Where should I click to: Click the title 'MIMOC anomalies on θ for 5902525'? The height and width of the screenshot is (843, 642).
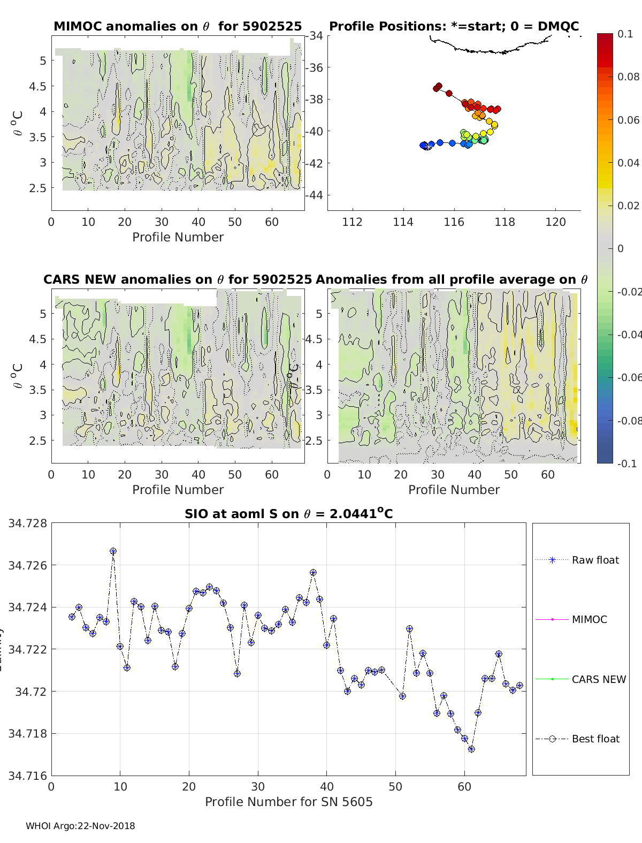tap(178, 26)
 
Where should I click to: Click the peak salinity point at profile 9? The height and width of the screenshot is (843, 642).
tap(113, 551)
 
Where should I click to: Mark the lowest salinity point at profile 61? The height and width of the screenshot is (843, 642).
tap(471, 749)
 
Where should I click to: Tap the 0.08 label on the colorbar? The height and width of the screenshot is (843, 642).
tap(628, 77)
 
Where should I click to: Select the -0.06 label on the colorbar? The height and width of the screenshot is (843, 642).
tap(628, 377)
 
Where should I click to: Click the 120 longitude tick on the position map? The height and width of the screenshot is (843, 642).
tap(555, 222)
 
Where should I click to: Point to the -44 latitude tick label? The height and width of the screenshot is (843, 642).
tap(315, 195)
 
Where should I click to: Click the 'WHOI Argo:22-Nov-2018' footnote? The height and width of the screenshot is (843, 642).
tap(80, 826)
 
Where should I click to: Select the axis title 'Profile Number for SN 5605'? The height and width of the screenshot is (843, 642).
tap(288, 801)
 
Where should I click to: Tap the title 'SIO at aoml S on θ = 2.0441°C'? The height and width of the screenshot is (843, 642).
tap(288, 514)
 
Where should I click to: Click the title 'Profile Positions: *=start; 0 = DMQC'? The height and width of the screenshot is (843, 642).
tap(454, 26)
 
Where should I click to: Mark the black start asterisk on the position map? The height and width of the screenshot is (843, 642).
tap(427, 146)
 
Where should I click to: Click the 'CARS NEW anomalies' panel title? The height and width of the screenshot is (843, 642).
tap(178, 279)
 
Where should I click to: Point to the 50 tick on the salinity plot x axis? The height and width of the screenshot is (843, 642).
tap(395, 786)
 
